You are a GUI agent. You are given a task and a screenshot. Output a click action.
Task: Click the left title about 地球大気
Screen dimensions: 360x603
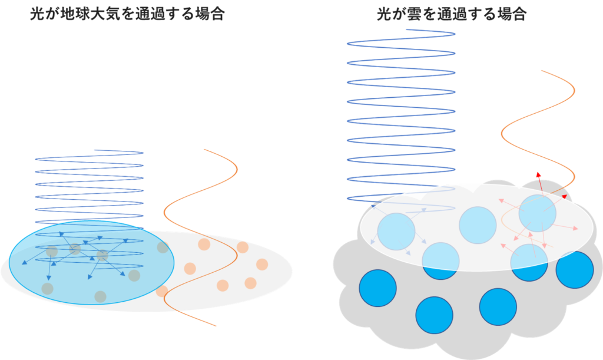(127, 15)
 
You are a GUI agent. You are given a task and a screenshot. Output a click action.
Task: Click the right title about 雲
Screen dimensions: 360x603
(451, 15)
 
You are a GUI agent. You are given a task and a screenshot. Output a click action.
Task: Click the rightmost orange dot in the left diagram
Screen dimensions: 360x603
(262, 264)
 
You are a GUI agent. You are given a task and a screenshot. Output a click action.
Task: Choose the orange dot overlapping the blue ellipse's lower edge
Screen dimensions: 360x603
(162, 291)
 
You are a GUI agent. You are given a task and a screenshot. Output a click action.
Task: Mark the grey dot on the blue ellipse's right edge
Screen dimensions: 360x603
(163, 247)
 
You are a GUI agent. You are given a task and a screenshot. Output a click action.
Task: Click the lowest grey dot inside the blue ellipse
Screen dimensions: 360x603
(100, 296)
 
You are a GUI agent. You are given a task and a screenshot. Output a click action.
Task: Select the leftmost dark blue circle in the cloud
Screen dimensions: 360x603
(377, 288)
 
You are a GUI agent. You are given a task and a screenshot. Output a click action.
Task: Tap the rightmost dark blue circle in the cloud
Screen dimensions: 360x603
(574, 270)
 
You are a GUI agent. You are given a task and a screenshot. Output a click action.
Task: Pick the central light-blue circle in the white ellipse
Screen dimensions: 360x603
(478, 225)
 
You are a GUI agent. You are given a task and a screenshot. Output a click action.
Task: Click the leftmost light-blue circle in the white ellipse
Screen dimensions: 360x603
(396, 232)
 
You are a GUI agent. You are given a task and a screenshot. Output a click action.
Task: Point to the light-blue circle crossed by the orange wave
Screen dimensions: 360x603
(537, 213)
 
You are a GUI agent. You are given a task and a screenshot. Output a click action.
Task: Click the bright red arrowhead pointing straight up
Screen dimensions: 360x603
(538, 174)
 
